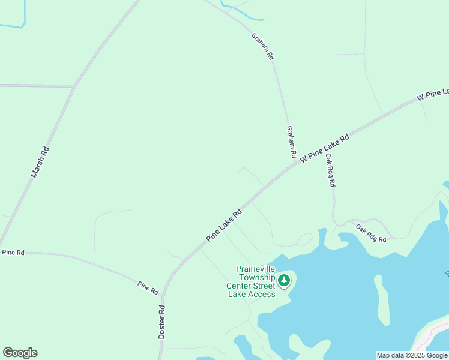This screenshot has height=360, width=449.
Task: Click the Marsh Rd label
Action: click(40, 162)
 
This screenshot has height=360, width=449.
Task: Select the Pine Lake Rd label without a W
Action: click(224, 225)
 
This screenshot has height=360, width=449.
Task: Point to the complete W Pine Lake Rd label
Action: click(325, 148)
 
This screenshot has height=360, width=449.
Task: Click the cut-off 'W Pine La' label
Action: click(433, 94)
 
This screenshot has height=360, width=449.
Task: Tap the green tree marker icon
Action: click(284, 280)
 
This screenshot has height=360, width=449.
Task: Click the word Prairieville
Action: click(257, 269)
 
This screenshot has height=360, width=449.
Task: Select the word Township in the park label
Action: click(257, 277)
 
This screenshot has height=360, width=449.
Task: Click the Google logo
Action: click(20, 353)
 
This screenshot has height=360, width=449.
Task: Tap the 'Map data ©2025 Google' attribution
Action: click(412, 355)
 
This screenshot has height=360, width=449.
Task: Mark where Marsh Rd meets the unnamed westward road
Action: click(74, 86)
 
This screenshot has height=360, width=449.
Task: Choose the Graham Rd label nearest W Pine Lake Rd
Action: click(291, 142)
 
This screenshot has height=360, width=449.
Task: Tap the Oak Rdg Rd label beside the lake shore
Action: click(370, 233)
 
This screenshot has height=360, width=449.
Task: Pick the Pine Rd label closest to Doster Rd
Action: click(148, 287)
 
